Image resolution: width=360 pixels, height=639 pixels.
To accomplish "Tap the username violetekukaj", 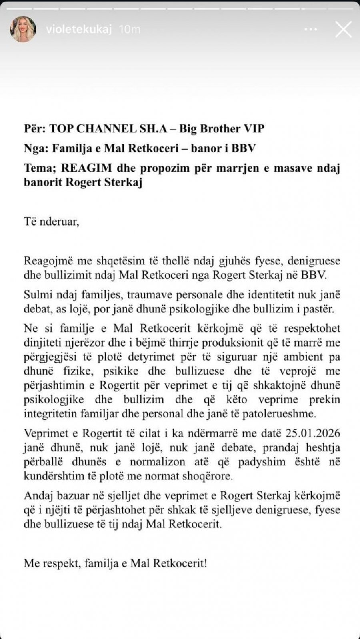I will point(79,29).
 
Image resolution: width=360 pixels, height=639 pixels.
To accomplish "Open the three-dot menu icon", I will point(313,29).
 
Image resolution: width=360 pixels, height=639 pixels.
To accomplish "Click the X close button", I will point(343,29).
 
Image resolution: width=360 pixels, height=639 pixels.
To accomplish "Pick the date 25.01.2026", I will point(313,433).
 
